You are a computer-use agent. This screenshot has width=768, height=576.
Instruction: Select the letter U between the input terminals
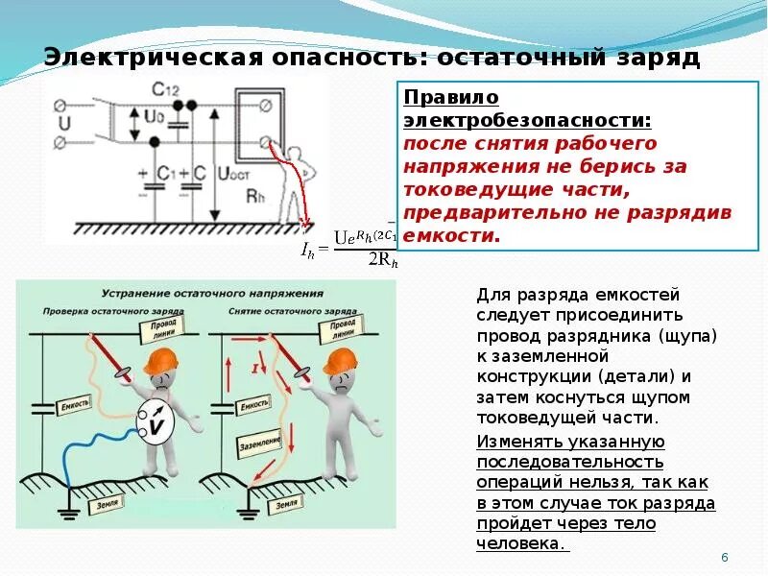(x=64, y=123)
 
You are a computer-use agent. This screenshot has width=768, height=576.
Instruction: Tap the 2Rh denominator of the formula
(x=382, y=260)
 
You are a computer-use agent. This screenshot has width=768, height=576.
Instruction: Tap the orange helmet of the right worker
(x=340, y=361)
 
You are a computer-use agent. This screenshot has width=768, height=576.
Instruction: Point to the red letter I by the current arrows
(x=254, y=367)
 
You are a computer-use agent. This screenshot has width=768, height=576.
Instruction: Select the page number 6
(x=725, y=558)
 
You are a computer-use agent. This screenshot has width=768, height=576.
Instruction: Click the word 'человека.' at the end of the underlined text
(x=519, y=543)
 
